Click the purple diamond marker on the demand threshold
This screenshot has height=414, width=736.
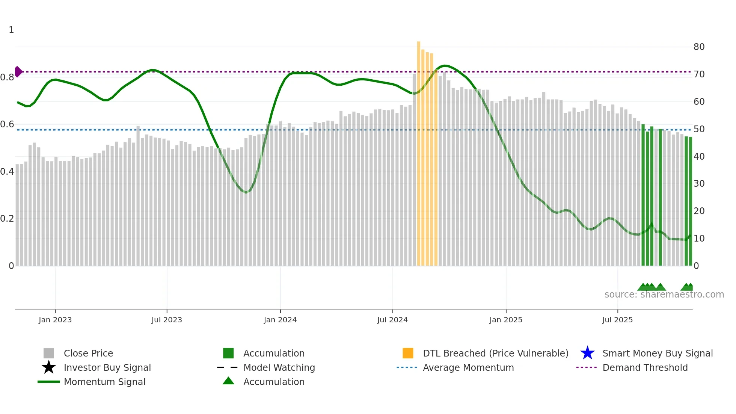point(18,71)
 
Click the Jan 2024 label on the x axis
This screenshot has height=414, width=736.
point(280,320)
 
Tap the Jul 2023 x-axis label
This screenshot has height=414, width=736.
point(167,320)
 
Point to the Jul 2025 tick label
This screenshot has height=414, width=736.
point(617,320)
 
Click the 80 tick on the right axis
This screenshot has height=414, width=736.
point(699,47)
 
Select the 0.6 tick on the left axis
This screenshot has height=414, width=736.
point(7,124)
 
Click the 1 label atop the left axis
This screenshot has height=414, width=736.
point(11,30)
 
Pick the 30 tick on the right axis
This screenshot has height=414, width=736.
point(699,184)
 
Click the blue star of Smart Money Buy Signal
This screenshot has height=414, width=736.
point(587,353)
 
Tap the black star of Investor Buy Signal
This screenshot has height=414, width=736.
point(49,367)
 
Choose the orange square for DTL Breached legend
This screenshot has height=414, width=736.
point(408,353)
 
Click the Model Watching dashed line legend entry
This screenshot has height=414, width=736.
point(228,367)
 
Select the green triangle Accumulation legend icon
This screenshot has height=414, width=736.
point(228,381)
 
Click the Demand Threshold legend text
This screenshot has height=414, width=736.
point(645,367)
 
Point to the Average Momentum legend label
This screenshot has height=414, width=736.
point(468,367)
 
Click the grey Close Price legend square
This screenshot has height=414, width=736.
point(49,353)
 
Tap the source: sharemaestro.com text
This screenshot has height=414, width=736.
point(664,295)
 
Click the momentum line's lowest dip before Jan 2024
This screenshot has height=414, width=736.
point(246,192)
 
